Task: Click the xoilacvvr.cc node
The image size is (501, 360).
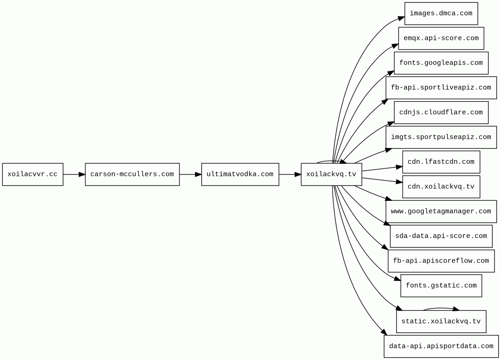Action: pyautogui.click(x=32, y=174)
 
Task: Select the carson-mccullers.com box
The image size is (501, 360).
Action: pyautogui.click(x=132, y=174)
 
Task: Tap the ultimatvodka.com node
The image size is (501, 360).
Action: pyautogui.click(x=240, y=174)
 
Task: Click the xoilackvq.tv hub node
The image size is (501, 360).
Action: pyautogui.click(x=331, y=174)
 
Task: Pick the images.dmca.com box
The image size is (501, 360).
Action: pyautogui.click(x=441, y=13)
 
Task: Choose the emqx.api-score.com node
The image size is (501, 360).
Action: pyautogui.click(x=441, y=39)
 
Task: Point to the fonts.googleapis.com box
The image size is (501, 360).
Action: pyautogui.click(x=441, y=63)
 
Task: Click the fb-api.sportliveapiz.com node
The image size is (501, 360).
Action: pyautogui.click(x=441, y=88)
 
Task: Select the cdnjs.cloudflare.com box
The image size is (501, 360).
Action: pyautogui.click(x=441, y=112)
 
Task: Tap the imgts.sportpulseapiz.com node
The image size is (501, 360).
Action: pyautogui.click(x=441, y=137)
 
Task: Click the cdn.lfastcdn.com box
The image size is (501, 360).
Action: pyautogui.click(x=441, y=162)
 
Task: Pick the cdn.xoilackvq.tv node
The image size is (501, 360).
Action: pyautogui.click(x=441, y=187)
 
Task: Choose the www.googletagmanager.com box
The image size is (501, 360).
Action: pyautogui.click(x=441, y=212)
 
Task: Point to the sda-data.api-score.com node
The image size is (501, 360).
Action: pyautogui.click(x=441, y=237)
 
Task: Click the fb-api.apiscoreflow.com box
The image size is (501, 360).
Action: pyautogui.click(x=441, y=261)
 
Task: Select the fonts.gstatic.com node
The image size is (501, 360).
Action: pyautogui.click(x=441, y=286)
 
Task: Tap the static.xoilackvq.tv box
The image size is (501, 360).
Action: pyautogui.click(x=441, y=321)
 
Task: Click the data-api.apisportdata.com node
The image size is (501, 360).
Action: pyautogui.click(x=441, y=346)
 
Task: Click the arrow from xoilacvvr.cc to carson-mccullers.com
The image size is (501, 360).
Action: pyautogui.click(x=74, y=174)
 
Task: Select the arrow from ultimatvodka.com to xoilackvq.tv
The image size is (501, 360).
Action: pyautogui.click(x=290, y=174)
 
